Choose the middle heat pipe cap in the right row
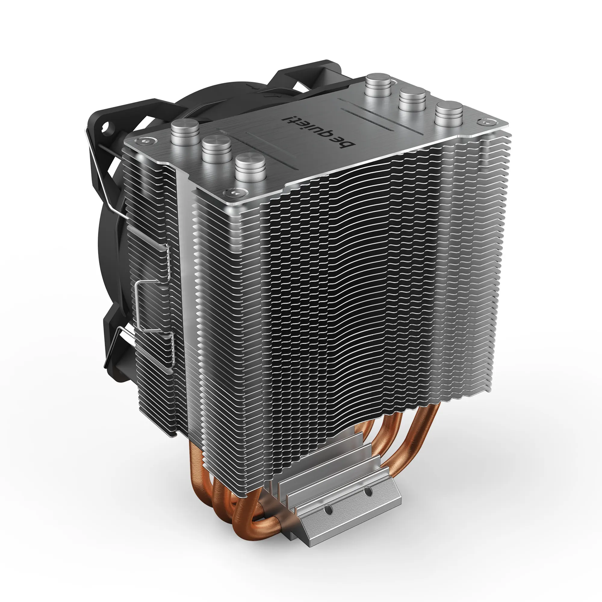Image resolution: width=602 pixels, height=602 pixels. [x=413, y=99]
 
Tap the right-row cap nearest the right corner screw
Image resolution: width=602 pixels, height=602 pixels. [x=449, y=113]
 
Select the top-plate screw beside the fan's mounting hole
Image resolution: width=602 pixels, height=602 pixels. [x=144, y=141]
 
